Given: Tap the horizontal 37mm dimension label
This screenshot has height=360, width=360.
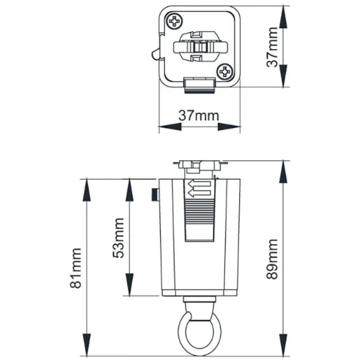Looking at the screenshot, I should point(199,115).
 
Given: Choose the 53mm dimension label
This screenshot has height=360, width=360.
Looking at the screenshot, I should point(117,238).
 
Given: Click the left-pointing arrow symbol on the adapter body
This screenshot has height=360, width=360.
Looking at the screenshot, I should point(199,187).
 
